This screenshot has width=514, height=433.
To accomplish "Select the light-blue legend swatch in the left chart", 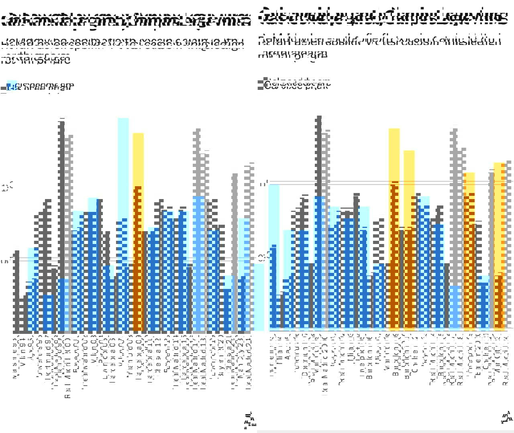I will [x=12, y=85].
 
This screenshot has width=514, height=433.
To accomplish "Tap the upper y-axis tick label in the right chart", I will [x=263, y=184].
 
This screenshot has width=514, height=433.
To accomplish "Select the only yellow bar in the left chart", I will [x=138, y=161].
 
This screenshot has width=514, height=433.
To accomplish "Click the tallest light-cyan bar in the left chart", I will [x=123, y=169].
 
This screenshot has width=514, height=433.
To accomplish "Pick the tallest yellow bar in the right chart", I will [x=394, y=157].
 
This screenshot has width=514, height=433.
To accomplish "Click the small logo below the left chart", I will [x=250, y=419].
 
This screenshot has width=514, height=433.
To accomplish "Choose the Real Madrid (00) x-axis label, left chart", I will [x=68, y=369].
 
